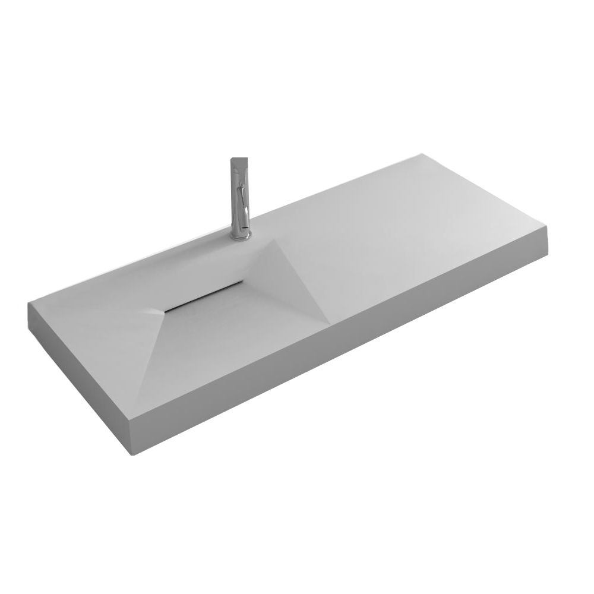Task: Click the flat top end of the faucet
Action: pyautogui.click(x=239, y=160)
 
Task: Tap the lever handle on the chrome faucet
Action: pyautogui.click(x=241, y=193)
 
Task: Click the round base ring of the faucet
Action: pyautogui.click(x=241, y=236)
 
